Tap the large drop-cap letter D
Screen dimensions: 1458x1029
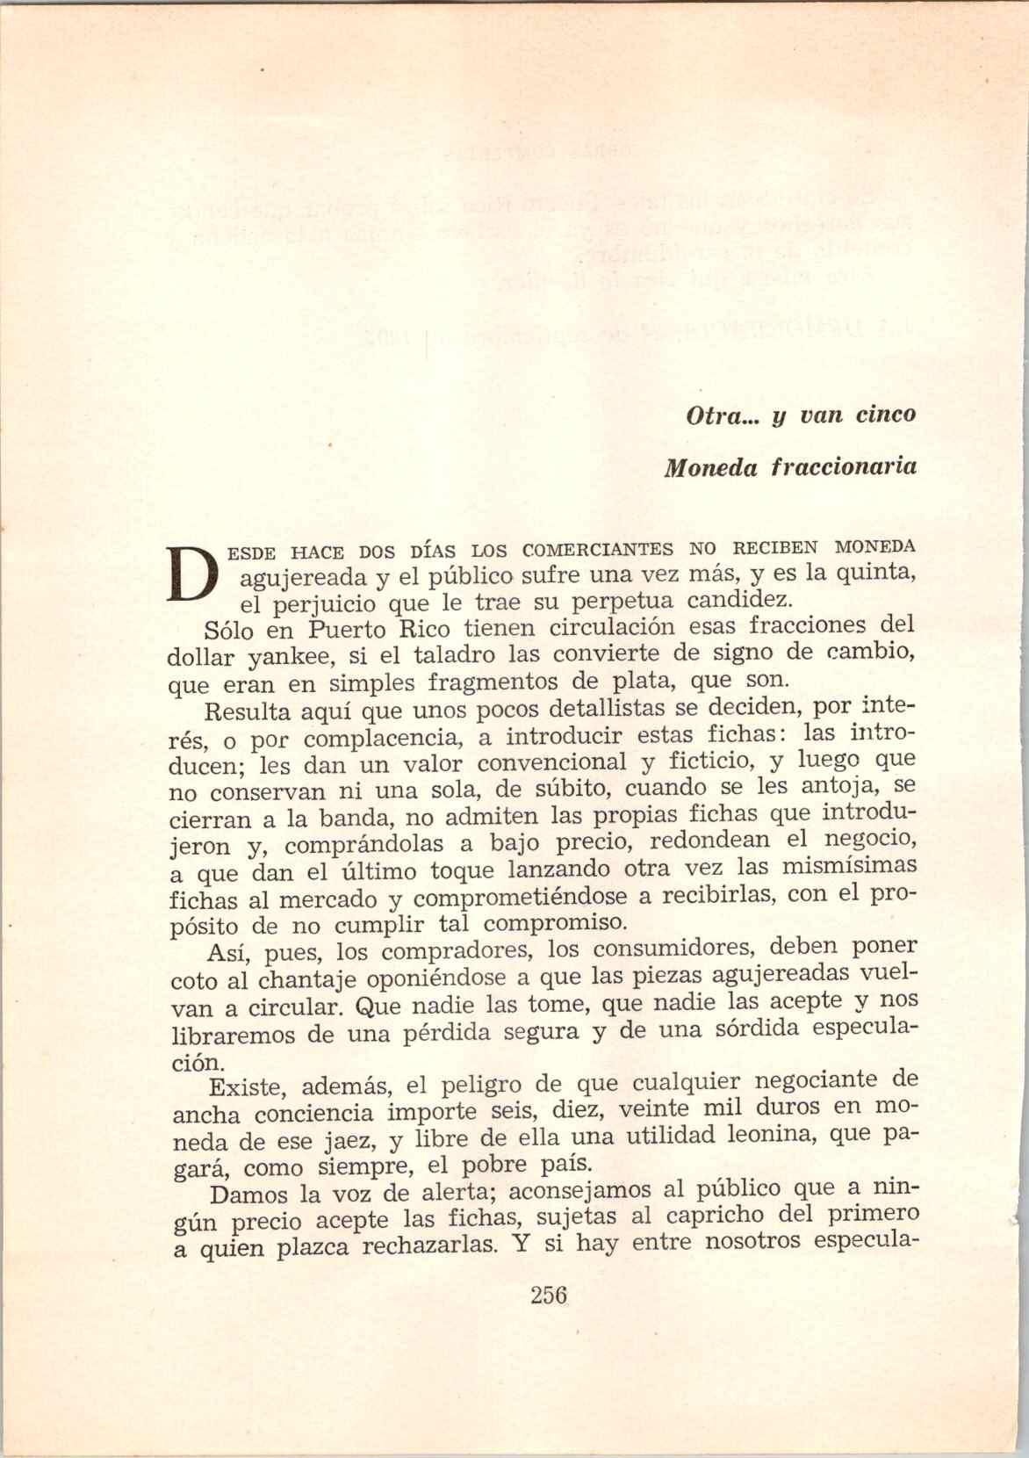(192, 572)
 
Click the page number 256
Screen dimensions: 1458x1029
(550, 1296)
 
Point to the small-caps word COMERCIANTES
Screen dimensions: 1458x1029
(598, 550)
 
